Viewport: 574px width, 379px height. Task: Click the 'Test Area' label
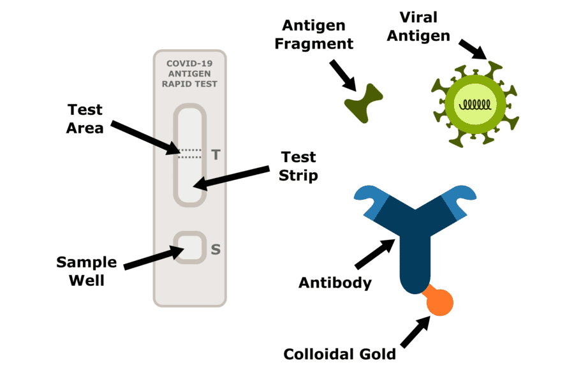point(85,118)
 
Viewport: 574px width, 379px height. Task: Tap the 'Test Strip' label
point(298,166)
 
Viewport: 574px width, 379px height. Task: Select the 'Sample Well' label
point(87,271)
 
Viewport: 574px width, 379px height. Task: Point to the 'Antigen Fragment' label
point(318,35)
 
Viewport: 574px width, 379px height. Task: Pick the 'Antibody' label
point(335,283)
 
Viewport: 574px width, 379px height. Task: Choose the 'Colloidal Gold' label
point(340,353)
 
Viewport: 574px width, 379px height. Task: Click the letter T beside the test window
point(215,154)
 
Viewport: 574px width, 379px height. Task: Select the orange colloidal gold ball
point(440,302)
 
